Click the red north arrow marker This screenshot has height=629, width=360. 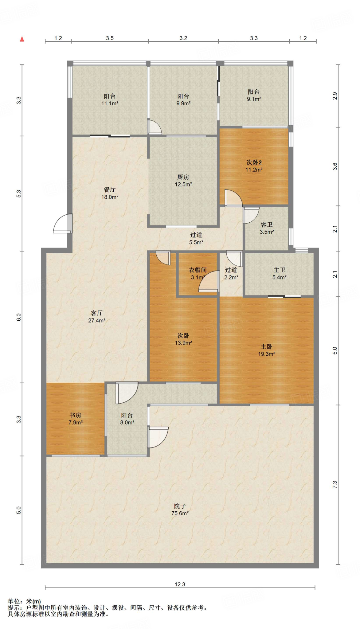(22, 39)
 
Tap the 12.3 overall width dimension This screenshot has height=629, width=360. (180, 584)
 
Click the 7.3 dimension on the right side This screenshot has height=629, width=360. (335, 485)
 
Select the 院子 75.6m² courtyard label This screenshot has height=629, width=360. (180, 510)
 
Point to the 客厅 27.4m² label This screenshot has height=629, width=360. (97, 317)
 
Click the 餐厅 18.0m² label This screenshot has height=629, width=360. (110, 193)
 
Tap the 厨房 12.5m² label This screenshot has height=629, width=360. (183, 181)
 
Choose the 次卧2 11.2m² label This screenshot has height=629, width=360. (254, 166)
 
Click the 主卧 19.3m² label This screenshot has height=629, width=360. (267, 350)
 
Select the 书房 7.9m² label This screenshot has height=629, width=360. (75, 419)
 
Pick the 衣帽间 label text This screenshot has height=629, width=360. (198, 270)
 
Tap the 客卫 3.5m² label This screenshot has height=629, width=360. (267, 228)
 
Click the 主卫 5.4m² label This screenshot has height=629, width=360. (280, 273)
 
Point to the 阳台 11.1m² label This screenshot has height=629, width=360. (110, 100)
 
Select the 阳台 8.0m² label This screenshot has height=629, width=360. (127, 419)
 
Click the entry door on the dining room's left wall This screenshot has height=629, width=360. (63, 223)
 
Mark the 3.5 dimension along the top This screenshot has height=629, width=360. (110, 38)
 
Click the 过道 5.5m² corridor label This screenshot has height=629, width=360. (196, 238)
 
